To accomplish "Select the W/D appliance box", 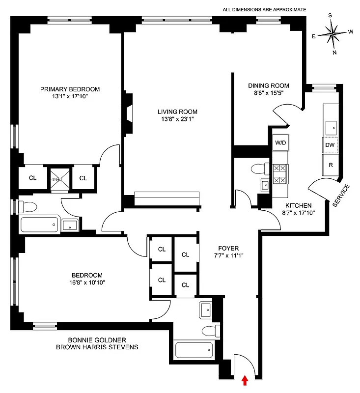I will coord(280,143).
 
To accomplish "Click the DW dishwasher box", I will coord(330,145).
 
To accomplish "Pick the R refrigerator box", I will coord(331,165).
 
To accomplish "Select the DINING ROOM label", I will coord(268,85).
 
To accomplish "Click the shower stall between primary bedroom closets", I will coord(59,178).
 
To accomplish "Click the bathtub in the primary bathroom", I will coord(38,225).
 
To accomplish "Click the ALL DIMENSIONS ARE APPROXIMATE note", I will coord(264,9).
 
